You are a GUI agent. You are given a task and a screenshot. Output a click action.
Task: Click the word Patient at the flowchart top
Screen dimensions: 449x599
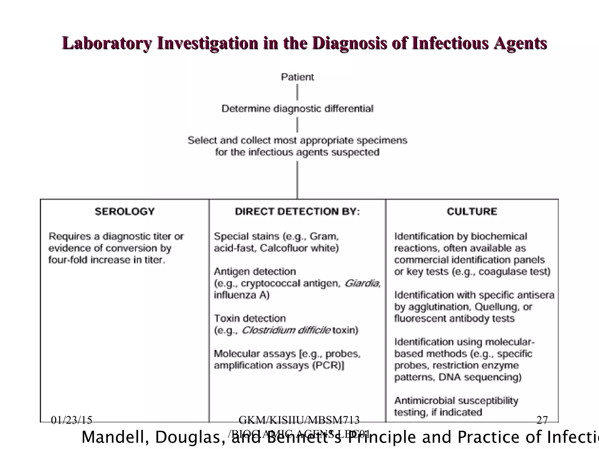click(x=297, y=77)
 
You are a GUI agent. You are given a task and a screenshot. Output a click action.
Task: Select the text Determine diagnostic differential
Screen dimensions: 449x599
click(x=297, y=109)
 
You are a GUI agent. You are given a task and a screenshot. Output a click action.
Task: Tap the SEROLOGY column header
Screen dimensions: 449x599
click(x=125, y=211)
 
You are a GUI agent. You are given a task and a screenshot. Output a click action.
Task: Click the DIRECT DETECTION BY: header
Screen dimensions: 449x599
click(x=297, y=211)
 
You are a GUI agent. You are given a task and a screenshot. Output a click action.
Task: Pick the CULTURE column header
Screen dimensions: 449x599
click(x=472, y=211)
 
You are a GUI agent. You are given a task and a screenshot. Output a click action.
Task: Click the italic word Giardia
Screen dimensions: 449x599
click(x=362, y=283)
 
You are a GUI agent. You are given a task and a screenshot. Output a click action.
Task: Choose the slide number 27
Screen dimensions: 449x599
click(x=542, y=420)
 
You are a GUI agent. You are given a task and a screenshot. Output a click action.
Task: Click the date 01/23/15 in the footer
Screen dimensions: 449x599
click(x=71, y=420)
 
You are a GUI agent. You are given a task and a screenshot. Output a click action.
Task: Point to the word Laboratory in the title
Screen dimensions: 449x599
click(x=107, y=43)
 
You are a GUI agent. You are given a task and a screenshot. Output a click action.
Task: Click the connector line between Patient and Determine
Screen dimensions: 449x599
click(x=297, y=92)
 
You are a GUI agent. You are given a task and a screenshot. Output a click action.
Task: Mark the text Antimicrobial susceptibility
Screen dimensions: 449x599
click(x=456, y=400)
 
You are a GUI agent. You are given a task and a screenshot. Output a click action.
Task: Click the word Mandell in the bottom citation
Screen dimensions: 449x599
click(x=115, y=437)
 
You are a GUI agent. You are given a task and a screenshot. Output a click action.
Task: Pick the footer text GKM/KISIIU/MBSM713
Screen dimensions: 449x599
click(x=299, y=420)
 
